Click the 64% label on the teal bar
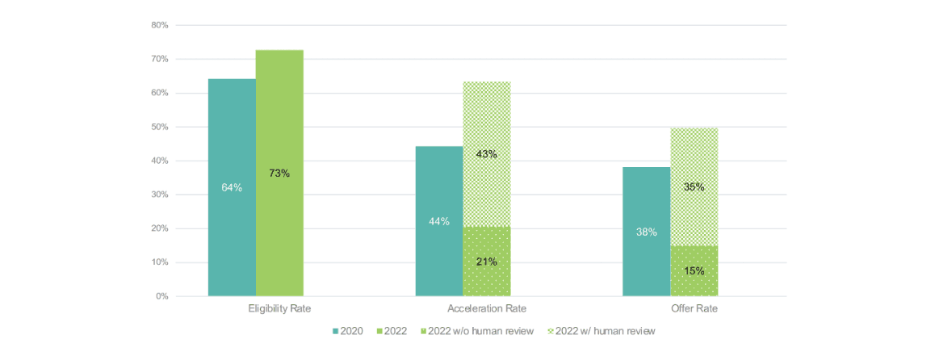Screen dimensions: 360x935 click(x=232, y=188)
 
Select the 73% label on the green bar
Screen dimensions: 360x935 click(x=279, y=174)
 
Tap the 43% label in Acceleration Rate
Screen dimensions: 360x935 click(x=487, y=154)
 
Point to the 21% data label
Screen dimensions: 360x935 click(x=487, y=262)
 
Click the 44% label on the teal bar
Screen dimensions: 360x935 click(x=439, y=222)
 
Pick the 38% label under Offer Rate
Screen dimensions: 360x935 click(x=647, y=232)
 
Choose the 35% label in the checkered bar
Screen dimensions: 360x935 click(x=694, y=187)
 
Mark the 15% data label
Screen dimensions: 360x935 click(x=694, y=271)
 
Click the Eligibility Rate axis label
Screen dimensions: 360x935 click(x=279, y=309)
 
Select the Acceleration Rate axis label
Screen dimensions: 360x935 click(x=487, y=309)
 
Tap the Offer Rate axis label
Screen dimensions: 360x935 click(x=694, y=309)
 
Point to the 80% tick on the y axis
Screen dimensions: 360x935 click(x=160, y=25)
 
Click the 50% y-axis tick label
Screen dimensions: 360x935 click(x=160, y=127)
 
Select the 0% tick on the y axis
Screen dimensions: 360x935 click(x=162, y=296)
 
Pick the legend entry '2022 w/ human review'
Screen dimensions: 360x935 click(x=602, y=331)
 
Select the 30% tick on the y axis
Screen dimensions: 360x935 click(x=160, y=195)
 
